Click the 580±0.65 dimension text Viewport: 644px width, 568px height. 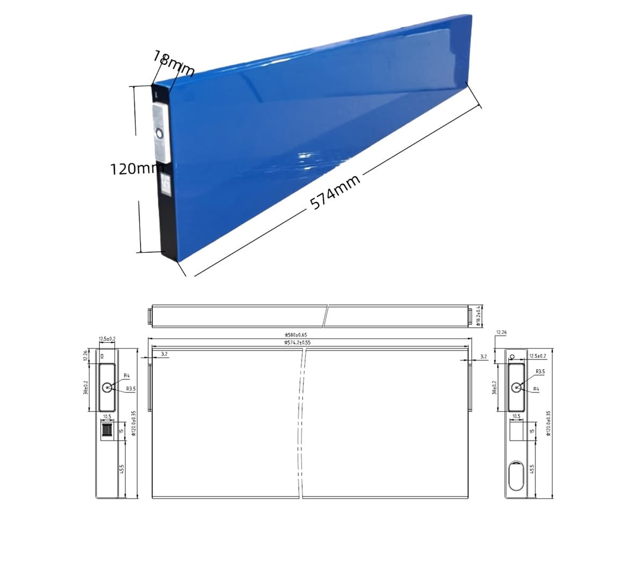[x=298, y=334]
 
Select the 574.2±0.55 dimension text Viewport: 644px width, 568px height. [x=298, y=342]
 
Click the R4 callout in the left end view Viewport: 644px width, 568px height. [x=127, y=376]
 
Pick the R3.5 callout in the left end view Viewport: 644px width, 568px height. [x=130, y=388]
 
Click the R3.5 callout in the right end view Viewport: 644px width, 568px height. [x=540, y=371]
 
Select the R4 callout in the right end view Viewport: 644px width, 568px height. [x=536, y=389]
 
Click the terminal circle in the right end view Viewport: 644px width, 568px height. [x=516, y=387]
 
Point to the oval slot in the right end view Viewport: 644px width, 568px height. [x=516, y=475]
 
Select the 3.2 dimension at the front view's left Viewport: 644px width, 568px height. [x=164, y=354]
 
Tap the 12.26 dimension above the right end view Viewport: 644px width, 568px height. [x=501, y=333]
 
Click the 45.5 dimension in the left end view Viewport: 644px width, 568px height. [x=122, y=469]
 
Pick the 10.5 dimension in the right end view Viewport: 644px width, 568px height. [x=516, y=416]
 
